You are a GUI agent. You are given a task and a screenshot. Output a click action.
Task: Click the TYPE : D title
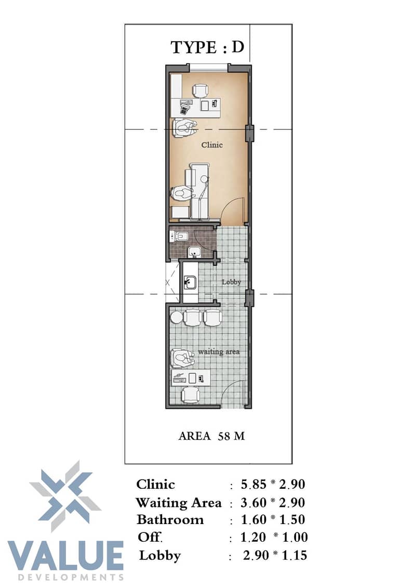[x=207, y=47]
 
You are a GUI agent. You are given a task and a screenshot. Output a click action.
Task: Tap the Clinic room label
[x=212, y=145]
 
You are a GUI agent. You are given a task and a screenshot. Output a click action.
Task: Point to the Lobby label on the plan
[x=231, y=282]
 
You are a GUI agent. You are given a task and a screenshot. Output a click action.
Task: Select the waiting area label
[x=219, y=352]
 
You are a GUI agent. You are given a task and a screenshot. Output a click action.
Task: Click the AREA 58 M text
[x=211, y=436]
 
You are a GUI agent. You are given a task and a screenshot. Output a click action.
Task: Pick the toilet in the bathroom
[x=179, y=236]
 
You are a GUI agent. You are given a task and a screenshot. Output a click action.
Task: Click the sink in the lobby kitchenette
[x=190, y=282]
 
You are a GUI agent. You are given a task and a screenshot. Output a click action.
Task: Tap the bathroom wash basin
[x=194, y=252]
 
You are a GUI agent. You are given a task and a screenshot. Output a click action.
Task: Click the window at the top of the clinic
[x=208, y=68]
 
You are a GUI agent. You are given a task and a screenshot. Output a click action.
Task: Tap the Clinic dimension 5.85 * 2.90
[x=273, y=484]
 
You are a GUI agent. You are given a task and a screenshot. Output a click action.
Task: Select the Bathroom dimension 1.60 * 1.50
[x=273, y=519]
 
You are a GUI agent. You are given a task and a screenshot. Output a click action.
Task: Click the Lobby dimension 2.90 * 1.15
[x=275, y=555]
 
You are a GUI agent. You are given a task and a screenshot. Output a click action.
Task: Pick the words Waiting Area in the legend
[x=179, y=503]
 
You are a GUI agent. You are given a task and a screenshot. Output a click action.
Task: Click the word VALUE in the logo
[x=66, y=556]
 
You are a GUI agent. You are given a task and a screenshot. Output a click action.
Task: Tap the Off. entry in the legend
[x=150, y=537]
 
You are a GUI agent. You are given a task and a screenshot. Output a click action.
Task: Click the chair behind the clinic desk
[x=200, y=90]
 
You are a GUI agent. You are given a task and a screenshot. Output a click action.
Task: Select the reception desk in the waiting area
[x=190, y=377]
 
